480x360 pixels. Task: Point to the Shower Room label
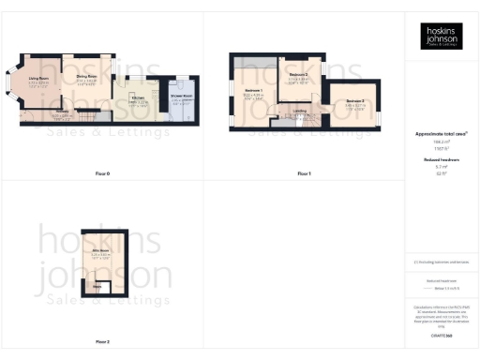point(181,97)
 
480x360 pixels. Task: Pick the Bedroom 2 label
point(299,74)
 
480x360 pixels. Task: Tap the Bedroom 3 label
point(354,100)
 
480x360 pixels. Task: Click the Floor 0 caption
point(102,174)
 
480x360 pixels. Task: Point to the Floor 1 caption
point(304,174)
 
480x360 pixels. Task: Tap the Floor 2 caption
point(102,341)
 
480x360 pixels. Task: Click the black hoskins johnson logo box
point(441,36)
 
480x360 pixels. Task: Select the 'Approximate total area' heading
point(441,134)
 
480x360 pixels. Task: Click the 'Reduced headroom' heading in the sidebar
point(441,160)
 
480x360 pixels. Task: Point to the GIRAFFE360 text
point(441,322)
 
